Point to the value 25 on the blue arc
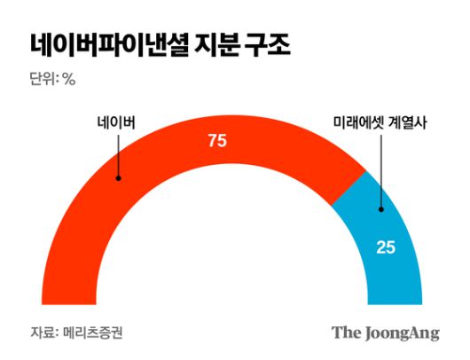click(386, 247)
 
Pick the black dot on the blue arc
click(380, 209)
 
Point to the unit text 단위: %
click(52, 79)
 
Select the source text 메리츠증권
click(91, 333)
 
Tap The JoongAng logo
click(386, 333)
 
